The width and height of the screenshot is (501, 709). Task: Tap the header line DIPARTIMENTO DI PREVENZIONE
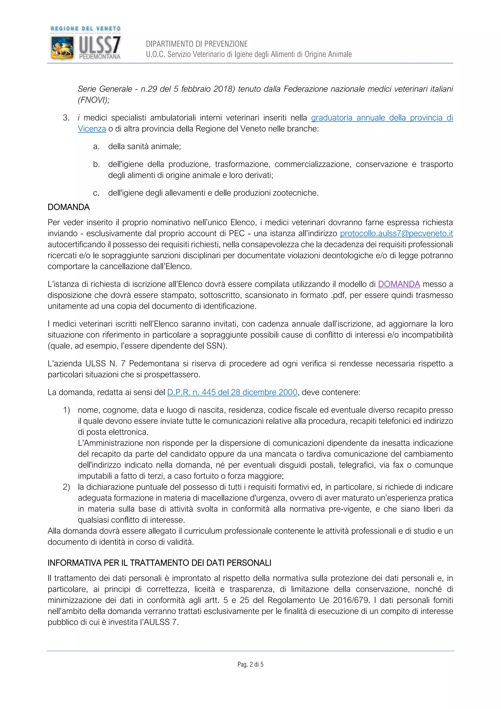click(197, 44)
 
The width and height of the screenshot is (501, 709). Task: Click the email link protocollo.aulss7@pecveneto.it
click(396, 234)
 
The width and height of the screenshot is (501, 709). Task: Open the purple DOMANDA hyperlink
click(399, 284)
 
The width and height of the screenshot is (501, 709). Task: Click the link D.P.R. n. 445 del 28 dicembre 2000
click(232, 392)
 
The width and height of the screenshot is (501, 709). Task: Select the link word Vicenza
click(92, 129)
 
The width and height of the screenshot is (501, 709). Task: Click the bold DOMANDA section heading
click(68, 207)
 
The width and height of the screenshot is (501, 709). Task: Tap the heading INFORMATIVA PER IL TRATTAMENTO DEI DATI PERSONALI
click(159, 563)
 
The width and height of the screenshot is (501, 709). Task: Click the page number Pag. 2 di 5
click(250, 664)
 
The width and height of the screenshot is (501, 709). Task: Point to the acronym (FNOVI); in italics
click(94, 100)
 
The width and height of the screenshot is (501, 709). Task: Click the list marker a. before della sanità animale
click(96, 147)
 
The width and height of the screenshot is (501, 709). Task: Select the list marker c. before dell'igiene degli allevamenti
click(96, 193)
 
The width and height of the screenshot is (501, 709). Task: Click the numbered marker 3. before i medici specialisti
click(66, 118)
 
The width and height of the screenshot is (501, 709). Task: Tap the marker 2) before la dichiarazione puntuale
click(66, 487)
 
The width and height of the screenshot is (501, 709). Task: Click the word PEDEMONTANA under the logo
click(100, 57)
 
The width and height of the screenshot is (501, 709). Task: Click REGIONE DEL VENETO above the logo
click(85, 28)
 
